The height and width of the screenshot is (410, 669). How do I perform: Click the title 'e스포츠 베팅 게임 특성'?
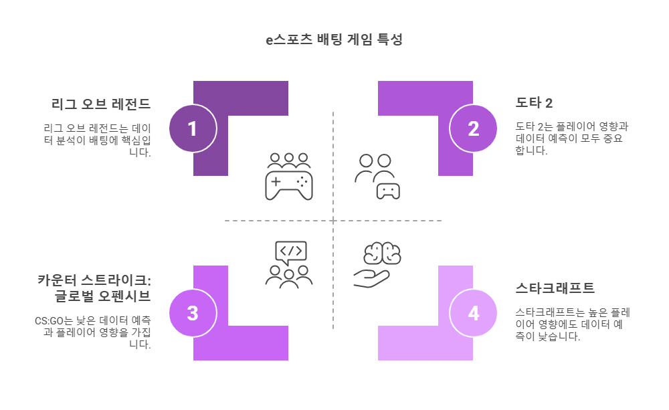click(334, 39)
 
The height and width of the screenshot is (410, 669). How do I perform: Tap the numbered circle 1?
click(193, 128)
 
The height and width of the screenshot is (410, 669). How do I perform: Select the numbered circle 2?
click(474, 128)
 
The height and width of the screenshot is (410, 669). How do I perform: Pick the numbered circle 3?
click(193, 313)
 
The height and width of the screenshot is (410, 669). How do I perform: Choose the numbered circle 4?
click(474, 313)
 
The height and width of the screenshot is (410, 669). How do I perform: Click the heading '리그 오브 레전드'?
click(101, 104)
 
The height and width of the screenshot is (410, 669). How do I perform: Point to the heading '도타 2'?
click(534, 103)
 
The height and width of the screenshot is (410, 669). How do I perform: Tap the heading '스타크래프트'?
click(555, 288)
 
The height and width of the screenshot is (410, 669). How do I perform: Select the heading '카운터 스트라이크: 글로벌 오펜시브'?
click(94, 288)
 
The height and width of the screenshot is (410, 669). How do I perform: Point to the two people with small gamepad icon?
click(377, 177)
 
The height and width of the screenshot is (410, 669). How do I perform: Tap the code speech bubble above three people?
click(290, 251)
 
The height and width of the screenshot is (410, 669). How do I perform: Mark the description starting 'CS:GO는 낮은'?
click(94, 332)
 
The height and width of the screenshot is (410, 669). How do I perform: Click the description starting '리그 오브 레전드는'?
click(98, 139)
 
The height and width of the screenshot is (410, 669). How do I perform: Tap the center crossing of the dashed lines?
click(333, 221)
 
